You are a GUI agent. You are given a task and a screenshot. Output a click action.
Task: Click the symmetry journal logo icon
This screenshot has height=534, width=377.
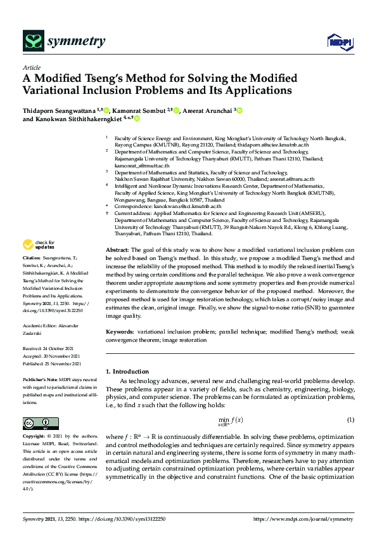(32, 41)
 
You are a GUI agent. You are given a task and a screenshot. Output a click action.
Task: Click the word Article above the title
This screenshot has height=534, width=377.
(31, 67)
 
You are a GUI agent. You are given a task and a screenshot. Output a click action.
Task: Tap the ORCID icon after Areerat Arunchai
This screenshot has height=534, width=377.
(240, 110)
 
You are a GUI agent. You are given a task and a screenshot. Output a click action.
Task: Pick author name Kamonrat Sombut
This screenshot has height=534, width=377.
(139, 110)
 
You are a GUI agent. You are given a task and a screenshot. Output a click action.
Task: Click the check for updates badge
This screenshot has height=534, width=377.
(39, 245)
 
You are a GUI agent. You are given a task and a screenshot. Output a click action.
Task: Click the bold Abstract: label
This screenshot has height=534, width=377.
(117, 251)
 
